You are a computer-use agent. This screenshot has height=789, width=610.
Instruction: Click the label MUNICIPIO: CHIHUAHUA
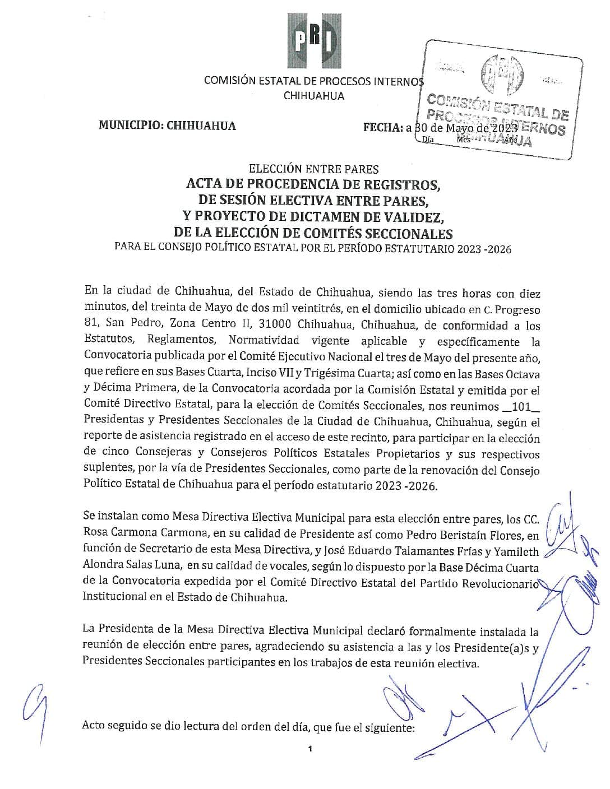tap(167, 126)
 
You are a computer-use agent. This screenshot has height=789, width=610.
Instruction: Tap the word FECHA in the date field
tap(383, 127)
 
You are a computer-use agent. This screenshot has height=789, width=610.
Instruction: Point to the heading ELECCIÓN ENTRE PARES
tap(314, 169)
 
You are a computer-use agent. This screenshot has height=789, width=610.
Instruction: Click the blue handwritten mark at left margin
tap(34, 702)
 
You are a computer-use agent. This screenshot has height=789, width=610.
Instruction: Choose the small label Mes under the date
tap(463, 140)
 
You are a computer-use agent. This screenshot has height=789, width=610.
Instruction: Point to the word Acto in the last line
tap(94, 726)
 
